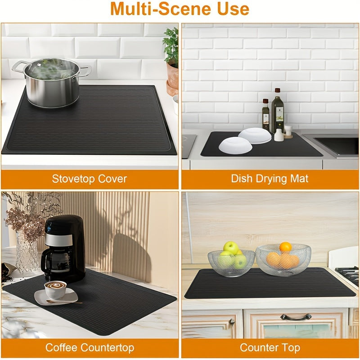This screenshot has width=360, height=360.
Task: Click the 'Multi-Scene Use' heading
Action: pyautogui.click(x=180, y=9)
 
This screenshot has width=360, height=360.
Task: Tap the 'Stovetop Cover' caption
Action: pyautogui.click(x=89, y=179)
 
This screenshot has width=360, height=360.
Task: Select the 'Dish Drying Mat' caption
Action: pyautogui.click(x=270, y=179)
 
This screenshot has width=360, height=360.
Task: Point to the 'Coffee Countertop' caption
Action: pyautogui.click(x=90, y=347)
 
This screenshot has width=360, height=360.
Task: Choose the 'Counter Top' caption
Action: pyautogui.click(x=270, y=347)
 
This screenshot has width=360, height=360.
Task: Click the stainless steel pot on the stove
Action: pyautogui.click(x=52, y=82)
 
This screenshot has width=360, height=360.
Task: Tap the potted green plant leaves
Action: pyautogui.click(x=171, y=46)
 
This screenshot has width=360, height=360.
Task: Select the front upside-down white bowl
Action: pyautogui.click(x=235, y=145)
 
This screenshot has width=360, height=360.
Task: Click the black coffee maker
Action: pyautogui.click(x=63, y=249)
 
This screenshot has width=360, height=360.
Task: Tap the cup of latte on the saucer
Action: pyautogui.click(x=55, y=289)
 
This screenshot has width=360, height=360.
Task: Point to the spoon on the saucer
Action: pyautogui.click(x=64, y=302)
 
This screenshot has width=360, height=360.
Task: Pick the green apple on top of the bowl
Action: pyautogui.click(x=231, y=248)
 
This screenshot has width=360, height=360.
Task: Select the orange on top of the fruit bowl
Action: pyautogui.click(x=286, y=247)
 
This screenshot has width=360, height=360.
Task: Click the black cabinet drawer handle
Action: pyautogui.click(x=296, y=317)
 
